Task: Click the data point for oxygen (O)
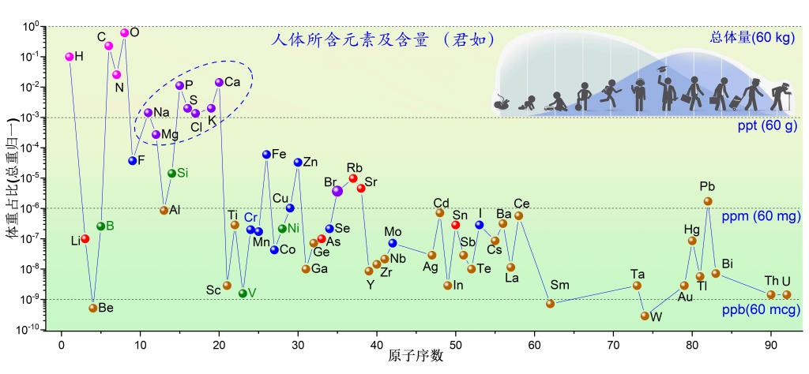point(124,32)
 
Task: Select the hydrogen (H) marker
point(70,57)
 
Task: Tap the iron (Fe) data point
point(267,155)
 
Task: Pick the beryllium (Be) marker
point(93,308)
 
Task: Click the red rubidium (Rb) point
point(353,178)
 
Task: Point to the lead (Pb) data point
point(708,201)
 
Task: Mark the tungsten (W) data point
point(645,316)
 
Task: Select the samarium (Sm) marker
point(551,303)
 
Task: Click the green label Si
point(182,173)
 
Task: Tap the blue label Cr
point(250,217)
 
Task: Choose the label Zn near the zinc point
point(310,163)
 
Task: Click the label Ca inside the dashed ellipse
point(232,82)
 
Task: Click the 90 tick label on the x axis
point(771,344)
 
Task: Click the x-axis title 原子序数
point(416,358)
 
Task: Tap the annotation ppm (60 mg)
point(758,215)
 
